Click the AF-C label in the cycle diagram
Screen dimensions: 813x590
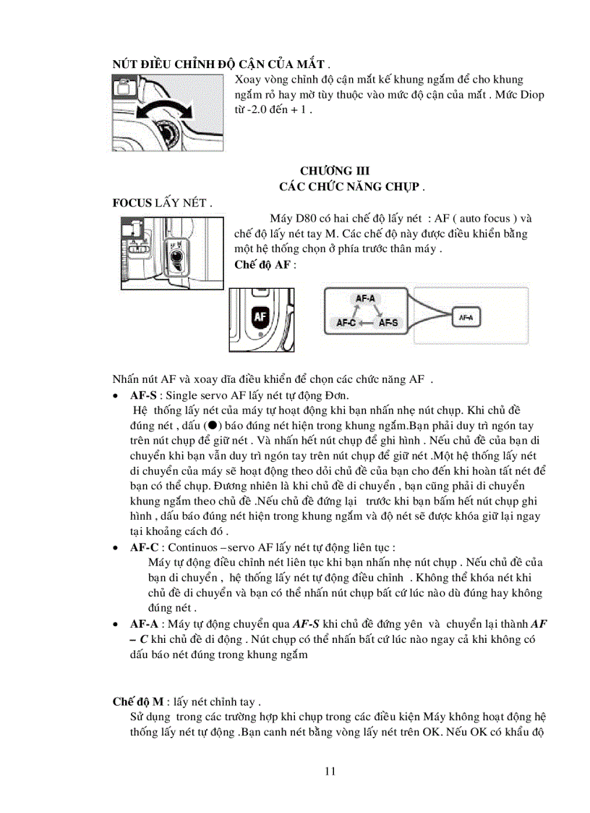(x=349, y=323)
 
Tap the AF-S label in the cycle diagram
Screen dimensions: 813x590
(x=388, y=323)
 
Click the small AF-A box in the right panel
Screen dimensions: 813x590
(x=466, y=316)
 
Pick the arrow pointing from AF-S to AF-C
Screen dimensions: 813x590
(x=369, y=323)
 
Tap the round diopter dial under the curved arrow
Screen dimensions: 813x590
(x=168, y=135)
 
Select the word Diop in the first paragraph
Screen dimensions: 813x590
(x=531, y=95)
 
